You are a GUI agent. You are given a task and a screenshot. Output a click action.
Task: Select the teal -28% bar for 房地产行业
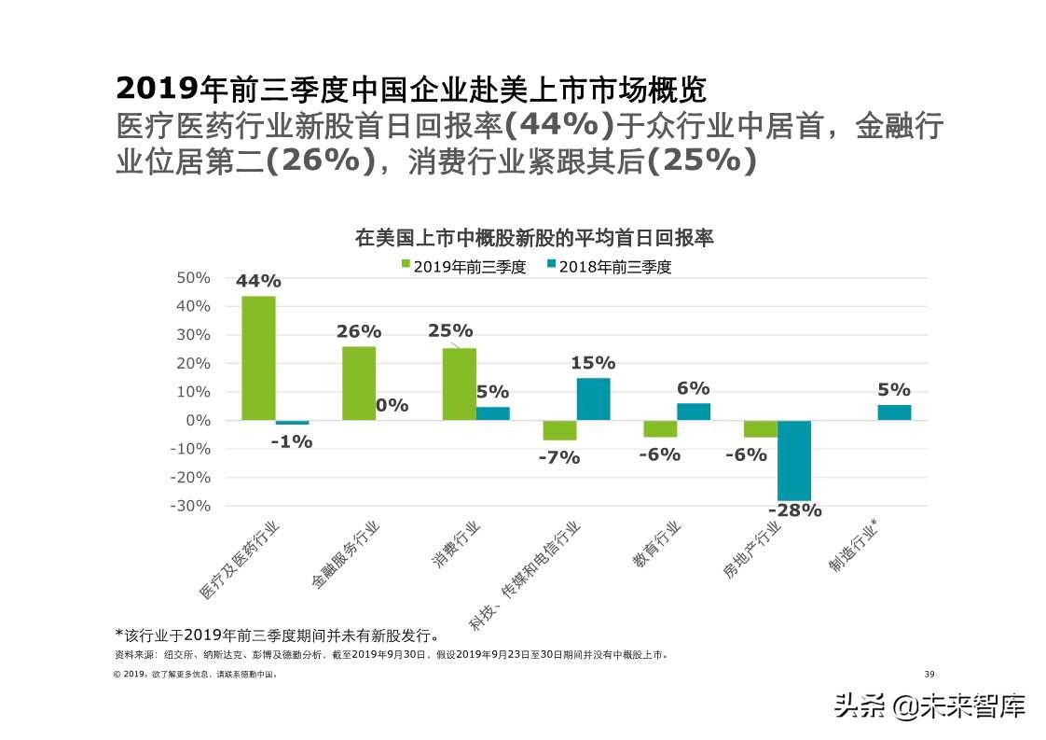point(794,460)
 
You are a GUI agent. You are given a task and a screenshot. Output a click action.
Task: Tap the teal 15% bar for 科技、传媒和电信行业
point(593,398)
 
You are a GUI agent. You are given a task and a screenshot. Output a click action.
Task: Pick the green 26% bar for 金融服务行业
point(359,383)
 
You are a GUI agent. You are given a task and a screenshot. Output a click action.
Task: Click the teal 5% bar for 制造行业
point(894,412)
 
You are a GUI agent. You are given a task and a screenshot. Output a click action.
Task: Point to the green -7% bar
point(559,430)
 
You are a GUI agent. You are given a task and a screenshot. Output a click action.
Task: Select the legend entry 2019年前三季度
point(463,267)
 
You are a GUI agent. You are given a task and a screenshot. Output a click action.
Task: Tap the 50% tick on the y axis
point(193,278)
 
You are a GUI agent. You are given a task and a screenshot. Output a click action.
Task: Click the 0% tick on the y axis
point(199,420)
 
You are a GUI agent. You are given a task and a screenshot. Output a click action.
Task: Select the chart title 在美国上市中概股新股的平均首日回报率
point(534,238)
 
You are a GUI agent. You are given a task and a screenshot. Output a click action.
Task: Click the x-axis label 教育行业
point(656,547)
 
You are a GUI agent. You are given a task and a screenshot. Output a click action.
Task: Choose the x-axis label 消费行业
point(456,547)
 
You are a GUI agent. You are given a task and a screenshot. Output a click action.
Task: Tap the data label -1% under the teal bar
point(292,442)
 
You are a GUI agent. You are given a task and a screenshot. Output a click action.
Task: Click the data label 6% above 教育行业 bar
point(694,388)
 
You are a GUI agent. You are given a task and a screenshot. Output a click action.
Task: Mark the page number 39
point(929,675)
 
